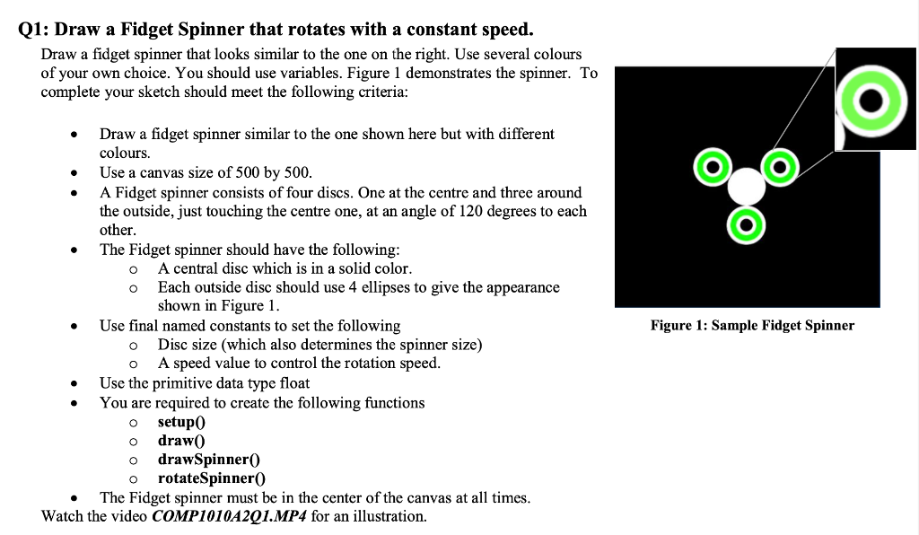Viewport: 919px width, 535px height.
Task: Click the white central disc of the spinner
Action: pos(746,187)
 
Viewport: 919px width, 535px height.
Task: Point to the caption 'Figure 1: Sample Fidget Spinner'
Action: pos(752,325)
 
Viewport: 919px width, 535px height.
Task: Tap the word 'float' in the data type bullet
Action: pos(293,382)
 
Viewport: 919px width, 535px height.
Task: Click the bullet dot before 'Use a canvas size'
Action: pos(74,172)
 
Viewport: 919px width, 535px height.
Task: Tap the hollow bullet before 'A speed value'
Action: pos(133,364)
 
